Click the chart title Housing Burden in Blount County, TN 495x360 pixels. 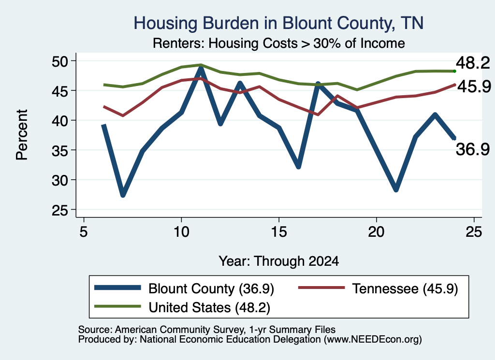coord(278,23)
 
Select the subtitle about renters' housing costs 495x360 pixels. coord(279,43)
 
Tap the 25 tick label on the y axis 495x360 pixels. coord(60,210)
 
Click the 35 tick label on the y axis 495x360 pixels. coord(60,150)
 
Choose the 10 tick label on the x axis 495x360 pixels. coord(181,232)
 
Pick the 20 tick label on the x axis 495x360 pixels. coord(376,232)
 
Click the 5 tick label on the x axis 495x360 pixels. coord(83,232)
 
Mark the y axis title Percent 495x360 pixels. coord(22,135)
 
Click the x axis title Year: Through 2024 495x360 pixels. coord(279,261)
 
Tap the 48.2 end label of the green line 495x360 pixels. coord(473,63)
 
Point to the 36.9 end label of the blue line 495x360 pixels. coord(473,149)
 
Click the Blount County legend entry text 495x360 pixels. coord(211,288)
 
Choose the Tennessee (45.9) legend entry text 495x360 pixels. coord(405,288)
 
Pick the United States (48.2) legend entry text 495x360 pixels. coord(209,308)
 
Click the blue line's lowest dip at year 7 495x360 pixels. coord(123,195)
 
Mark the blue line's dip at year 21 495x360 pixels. coord(396,189)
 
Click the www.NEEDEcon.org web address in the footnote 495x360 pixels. coord(373,340)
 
